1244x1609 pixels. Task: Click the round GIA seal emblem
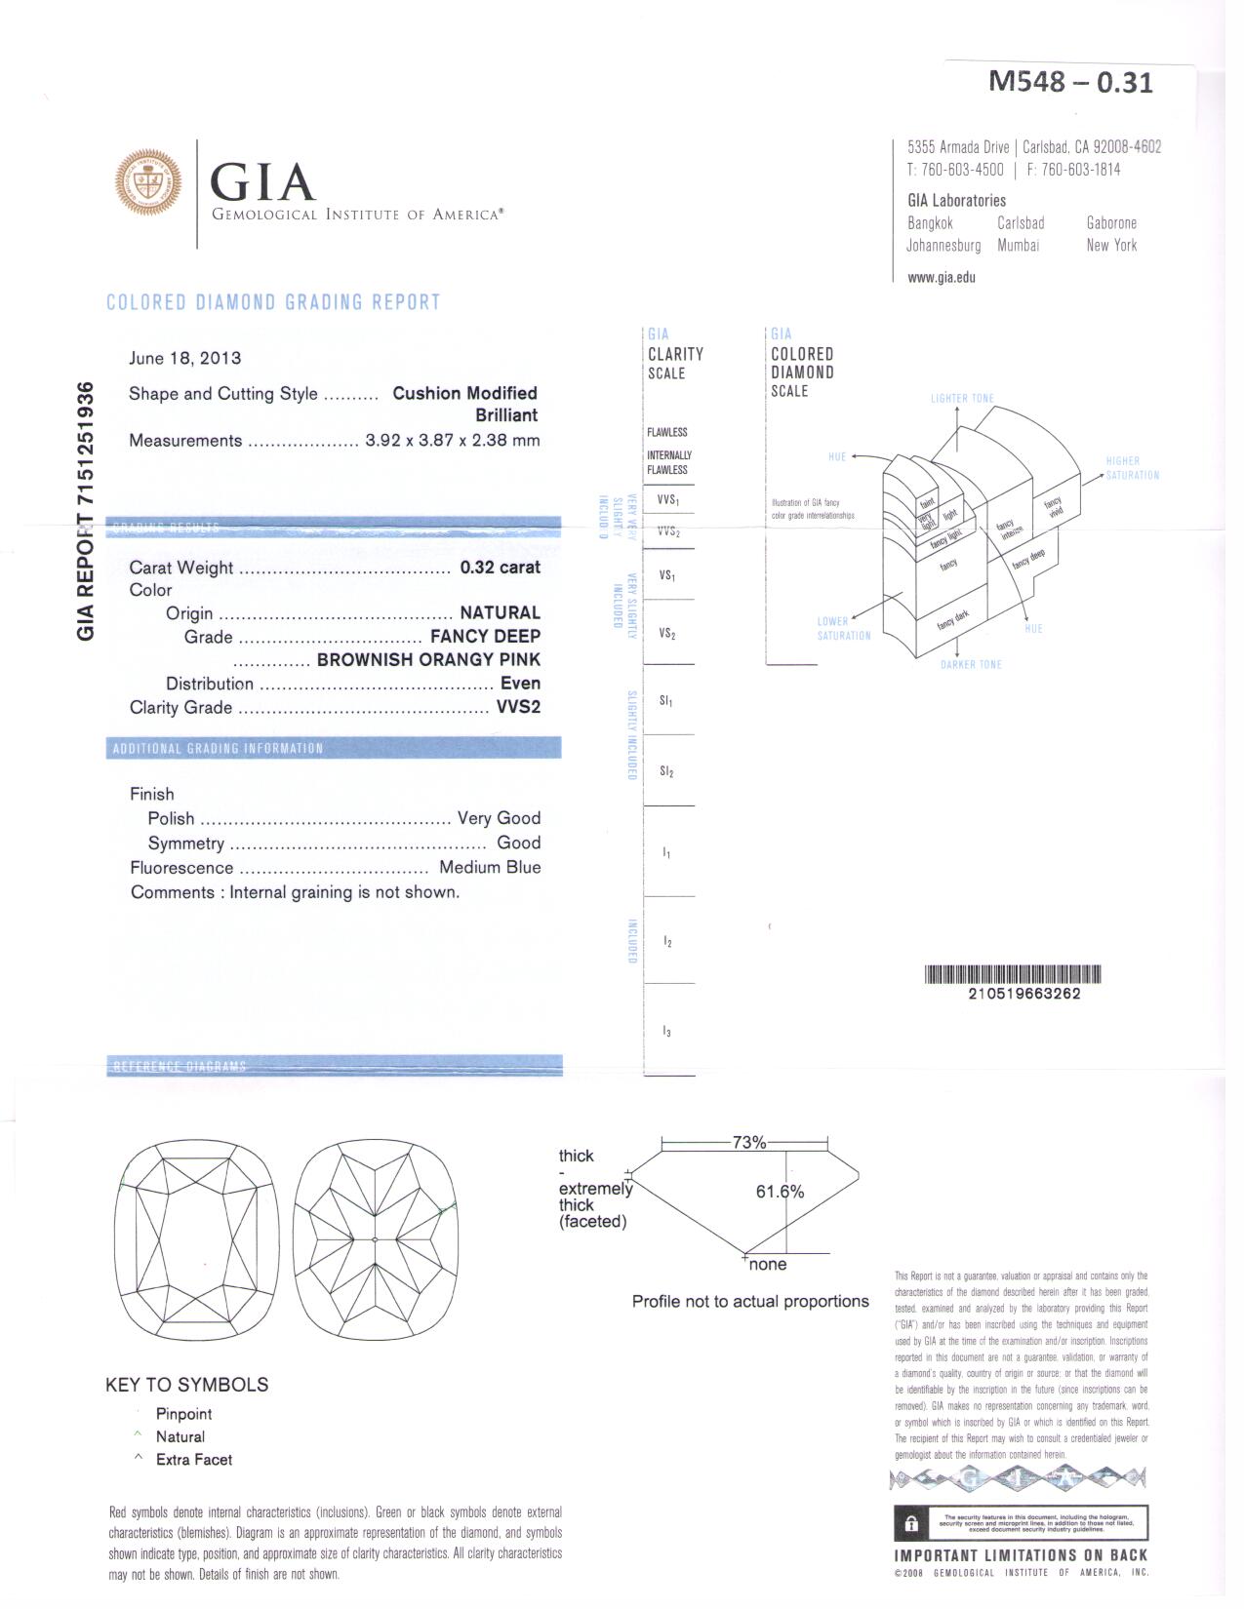pos(148,181)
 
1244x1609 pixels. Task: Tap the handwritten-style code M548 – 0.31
pos(1070,82)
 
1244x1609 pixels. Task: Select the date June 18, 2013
pos(184,358)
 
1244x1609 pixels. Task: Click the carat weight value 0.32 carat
pos(500,568)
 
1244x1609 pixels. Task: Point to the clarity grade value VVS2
pos(518,707)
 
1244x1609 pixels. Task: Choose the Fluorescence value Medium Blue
pos(490,867)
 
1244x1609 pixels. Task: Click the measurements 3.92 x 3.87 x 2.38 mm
pos(452,440)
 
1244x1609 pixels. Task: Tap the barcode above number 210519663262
pos(1012,974)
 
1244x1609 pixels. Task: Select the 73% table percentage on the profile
pos(748,1142)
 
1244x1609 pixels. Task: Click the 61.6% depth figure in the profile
pos(780,1192)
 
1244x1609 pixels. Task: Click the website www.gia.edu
pos(941,277)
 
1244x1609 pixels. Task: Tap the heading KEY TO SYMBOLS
pos(186,1385)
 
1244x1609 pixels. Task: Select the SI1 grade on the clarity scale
pos(666,701)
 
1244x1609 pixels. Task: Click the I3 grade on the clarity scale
pos(666,1031)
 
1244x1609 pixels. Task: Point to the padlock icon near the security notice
pos(911,1524)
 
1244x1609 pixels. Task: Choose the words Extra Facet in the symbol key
pos(194,1460)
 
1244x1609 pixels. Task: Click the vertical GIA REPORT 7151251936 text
pos(86,511)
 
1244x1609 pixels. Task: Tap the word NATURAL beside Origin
pos(500,612)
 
